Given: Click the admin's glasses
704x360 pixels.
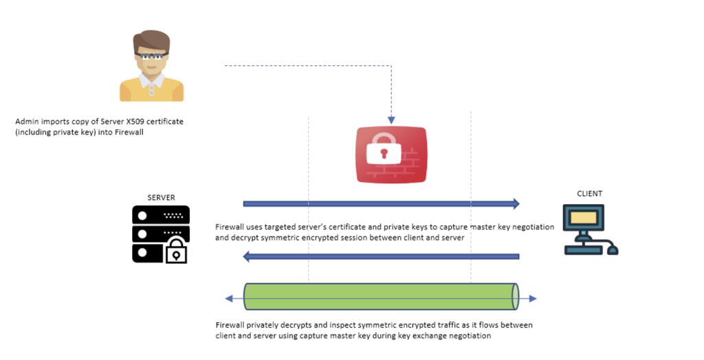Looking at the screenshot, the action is pyautogui.click(x=151, y=56).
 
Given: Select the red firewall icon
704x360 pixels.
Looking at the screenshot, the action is pyautogui.click(x=391, y=155).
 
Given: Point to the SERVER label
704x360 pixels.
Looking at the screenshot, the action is pyautogui.click(x=161, y=197).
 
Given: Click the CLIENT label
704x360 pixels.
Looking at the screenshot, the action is pyautogui.click(x=589, y=194).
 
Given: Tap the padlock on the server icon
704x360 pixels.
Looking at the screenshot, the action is pyautogui.click(x=177, y=251).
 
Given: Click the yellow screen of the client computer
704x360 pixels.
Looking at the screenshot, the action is pyautogui.click(x=583, y=218).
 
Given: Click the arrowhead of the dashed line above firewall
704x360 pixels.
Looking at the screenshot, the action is pyautogui.click(x=391, y=120).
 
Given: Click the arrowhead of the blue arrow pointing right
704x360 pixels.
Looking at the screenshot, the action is pyautogui.click(x=516, y=204).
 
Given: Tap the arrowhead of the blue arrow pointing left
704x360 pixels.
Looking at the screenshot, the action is pyautogui.click(x=246, y=257).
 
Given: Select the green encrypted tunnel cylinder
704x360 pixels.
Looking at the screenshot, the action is pyautogui.click(x=381, y=296).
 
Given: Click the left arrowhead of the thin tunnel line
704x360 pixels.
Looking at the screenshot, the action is pyautogui.click(x=228, y=298).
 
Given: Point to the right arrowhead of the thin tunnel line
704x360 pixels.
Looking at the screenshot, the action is pyautogui.click(x=533, y=298).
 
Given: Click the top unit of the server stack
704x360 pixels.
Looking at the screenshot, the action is pyautogui.click(x=161, y=215).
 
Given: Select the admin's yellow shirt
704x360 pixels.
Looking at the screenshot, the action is pyautogui.click(x=151, y=90).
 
